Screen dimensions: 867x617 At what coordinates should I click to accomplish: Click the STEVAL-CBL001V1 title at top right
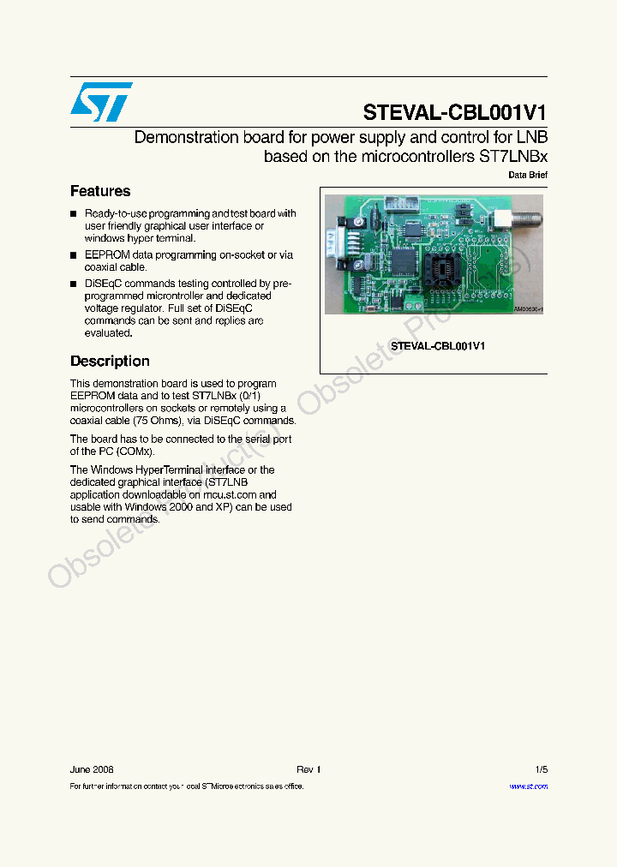[x=454, y=112]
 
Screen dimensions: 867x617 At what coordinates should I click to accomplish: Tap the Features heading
[x=100, y=191]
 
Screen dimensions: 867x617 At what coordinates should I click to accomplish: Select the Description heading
[x=110, y=362]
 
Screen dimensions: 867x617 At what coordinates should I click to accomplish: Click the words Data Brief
[x=528, y=175]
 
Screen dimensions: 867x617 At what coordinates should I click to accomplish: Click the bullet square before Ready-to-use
[x=74, y=214]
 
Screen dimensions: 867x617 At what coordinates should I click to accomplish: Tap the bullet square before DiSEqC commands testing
[x=74, y=284]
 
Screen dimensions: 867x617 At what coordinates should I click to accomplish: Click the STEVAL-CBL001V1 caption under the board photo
[x=438, y=346]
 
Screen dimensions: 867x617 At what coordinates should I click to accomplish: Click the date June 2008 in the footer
[x=92, y=769]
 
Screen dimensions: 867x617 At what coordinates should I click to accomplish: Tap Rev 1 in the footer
[x=308, y=769]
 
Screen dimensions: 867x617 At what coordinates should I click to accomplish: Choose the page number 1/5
[x=541, y=769]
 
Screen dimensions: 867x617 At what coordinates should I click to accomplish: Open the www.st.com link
[x=528, y=786]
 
